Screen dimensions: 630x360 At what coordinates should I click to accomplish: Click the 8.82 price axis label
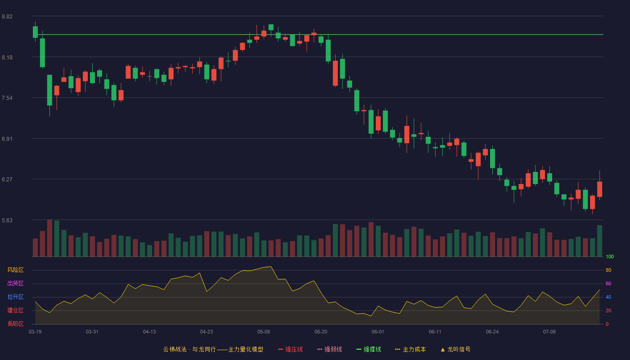pos(7,17)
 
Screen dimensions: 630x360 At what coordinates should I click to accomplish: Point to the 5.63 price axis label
pos(7,220)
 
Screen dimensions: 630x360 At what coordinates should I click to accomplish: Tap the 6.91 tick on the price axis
pos(7,139)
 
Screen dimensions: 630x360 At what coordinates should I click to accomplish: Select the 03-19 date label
pos(35,332)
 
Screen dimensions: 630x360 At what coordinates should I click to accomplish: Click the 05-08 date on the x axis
pos(264,332)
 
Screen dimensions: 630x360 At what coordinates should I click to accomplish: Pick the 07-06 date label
pos(549,332)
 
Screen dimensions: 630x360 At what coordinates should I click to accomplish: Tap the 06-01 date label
pos(378,332)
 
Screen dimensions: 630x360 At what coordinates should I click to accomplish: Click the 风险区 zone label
pos(15,270)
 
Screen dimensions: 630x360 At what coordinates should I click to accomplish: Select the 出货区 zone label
pos(15,283)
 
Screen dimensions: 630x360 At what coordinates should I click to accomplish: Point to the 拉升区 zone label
pos(15,297)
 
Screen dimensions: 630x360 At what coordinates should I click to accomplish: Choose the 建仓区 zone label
pos(15,310)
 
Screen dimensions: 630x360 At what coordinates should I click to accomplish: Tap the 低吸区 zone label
pos(15,324)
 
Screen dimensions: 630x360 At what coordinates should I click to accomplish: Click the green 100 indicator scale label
pos(610,256)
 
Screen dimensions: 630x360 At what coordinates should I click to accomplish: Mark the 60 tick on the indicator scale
pos(608,283)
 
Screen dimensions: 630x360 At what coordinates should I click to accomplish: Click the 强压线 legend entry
pos(290,349)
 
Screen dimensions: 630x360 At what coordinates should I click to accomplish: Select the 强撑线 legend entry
pos(369,349)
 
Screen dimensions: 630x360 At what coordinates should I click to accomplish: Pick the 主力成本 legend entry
pos(410,349)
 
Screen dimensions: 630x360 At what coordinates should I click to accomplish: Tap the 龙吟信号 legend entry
pos(455,349)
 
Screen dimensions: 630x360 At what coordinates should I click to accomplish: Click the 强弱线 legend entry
pos(329,349)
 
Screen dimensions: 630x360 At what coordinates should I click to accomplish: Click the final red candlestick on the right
pos(599,189)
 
